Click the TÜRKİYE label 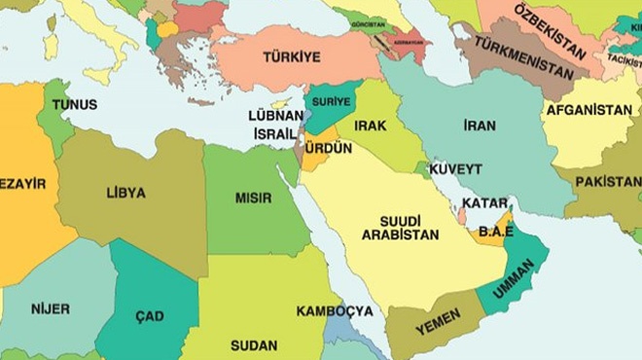(x=292, y=57)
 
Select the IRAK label (x=371, y=126)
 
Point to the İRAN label (x=479, y=126)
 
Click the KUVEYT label (x=455, y=168)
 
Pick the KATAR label (x=484, y=203)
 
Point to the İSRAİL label (x=275, y=132)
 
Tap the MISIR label (x=253, y=198)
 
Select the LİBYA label (x=125, y=193)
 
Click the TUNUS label (x=75, y=104)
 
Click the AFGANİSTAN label (x=589, y=110)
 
